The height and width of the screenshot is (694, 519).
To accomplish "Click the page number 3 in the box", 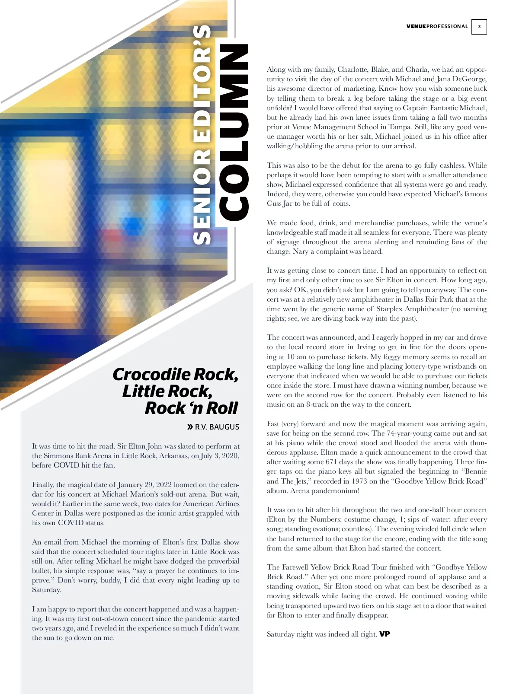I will point(479,27).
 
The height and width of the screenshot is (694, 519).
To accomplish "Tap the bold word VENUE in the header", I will point(416,26).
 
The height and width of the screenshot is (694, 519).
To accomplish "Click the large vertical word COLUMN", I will point(234,132).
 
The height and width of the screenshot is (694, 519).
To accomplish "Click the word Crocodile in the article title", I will point(151,374).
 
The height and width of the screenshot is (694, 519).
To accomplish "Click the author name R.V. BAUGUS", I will point(217,427).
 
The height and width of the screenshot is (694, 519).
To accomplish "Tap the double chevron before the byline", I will point(190,427).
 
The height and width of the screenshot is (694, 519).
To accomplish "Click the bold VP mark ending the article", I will point(384,634).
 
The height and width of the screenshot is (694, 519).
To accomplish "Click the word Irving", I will point(367,347).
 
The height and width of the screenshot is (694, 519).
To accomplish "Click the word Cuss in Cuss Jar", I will point(274,204).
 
